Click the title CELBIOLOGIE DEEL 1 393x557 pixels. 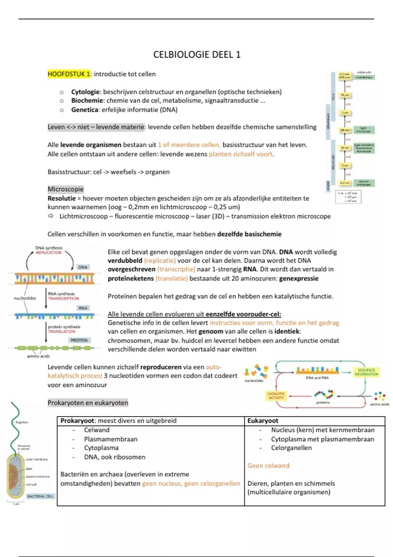(x=197, y=54)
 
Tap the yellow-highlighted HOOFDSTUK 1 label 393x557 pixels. (x=69, y=74)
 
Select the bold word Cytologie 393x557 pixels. (x=85, y=92)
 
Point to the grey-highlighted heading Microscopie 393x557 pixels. (x=65, y=189)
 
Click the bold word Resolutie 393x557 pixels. (x=62, y=198)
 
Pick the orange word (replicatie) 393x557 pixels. (x=160, y=261)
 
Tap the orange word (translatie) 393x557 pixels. (x=172, y=278)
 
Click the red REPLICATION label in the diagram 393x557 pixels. (x=49, y=253)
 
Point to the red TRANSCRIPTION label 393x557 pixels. (x=64, y=298)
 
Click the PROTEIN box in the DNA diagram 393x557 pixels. (x=79, y=340)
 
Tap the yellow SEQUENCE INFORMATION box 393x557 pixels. (x=366, y=372)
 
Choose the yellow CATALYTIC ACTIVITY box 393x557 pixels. (x=276, y=396)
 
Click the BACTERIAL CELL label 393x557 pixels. (x=40, y=496)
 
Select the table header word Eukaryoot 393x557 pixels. (x=263, y=421)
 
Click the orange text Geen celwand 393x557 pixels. (x=268, y=466)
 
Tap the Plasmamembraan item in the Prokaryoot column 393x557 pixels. (x=111, y=439)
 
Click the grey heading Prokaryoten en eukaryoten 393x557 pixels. (x=88, y=403)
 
